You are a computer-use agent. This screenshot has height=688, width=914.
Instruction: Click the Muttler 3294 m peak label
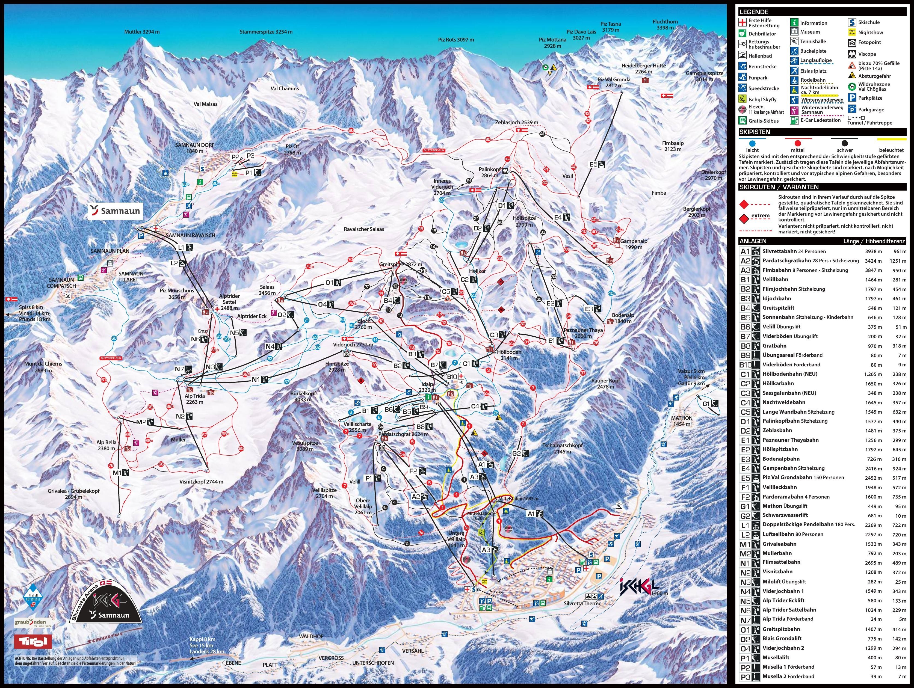tap(142, 32)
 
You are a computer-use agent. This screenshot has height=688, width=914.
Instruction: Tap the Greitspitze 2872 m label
tap(400, 265)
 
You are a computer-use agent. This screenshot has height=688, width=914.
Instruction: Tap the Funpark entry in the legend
tap(758, 78)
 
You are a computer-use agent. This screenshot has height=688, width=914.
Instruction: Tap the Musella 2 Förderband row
tap(788, 677)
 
